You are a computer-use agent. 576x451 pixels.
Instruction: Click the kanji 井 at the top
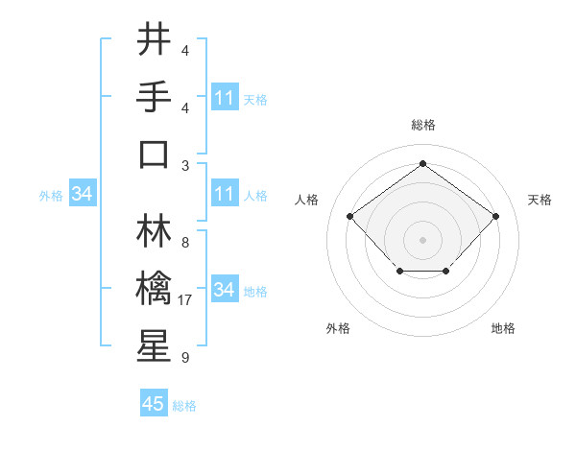coord(154,41)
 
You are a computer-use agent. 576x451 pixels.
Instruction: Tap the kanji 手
coord(154,98)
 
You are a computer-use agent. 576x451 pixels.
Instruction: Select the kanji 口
coord(154,154)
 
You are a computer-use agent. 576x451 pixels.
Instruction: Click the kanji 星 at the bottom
coord(154,346)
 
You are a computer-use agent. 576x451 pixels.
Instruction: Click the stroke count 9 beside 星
coord(184,358)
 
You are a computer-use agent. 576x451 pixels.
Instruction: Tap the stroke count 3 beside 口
coord(184,165)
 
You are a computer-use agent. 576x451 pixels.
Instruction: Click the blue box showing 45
coord(154,404)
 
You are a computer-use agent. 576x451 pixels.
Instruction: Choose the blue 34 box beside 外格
coord(82,195)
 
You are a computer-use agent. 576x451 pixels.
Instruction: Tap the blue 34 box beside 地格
coord(224,290)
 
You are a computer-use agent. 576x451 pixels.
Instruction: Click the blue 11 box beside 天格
coord(224,98)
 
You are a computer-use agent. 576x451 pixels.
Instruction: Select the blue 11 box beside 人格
coord(224,194)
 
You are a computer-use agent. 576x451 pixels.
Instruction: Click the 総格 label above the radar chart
coord(422,125)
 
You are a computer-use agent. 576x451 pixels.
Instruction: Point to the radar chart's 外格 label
coord(338,328)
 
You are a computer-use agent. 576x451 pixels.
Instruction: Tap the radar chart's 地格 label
coord(503,328)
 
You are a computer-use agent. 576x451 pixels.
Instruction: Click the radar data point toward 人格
coord(349,217)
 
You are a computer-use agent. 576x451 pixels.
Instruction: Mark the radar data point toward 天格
coord(495,217)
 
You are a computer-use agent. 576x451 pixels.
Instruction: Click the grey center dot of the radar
coord(422,239)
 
